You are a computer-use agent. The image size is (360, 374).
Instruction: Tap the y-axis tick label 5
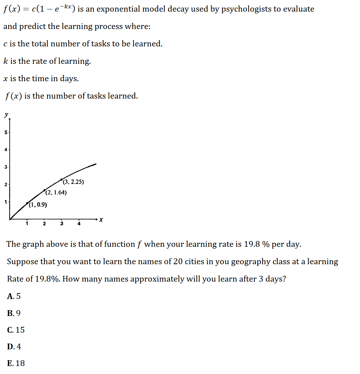click(5, 132)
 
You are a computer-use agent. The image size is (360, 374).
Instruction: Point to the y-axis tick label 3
click(5, 167)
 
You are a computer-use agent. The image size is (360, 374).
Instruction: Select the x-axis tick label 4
click(79, 224)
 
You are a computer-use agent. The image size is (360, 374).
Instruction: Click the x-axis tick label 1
click(27, 224)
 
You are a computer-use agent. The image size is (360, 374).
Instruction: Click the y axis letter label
click(6, 115)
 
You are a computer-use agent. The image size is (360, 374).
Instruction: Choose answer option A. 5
click(14, 296)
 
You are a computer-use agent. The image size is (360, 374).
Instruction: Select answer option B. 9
click(14, 313)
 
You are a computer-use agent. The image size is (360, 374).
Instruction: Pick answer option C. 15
click(16, 330)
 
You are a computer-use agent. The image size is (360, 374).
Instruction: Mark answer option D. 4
click(14, 346)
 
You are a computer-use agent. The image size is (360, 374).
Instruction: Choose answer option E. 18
click(16, 363)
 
